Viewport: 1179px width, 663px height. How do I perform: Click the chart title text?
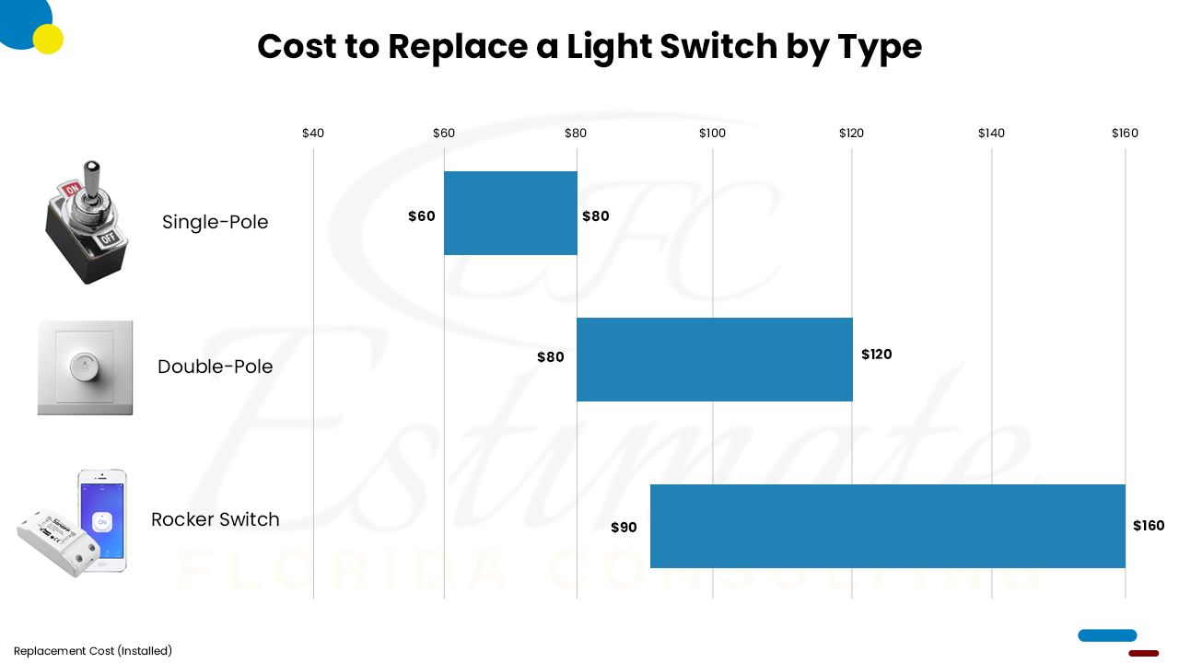click(589, 46)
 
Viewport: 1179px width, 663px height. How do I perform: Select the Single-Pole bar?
click(510, 213)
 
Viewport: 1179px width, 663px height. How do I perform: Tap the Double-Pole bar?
click(714, 359)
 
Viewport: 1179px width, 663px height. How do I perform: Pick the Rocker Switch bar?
click(887, 526)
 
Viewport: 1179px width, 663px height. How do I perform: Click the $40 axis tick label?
click(313, 134)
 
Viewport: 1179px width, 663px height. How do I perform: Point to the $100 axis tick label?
click(712, 134)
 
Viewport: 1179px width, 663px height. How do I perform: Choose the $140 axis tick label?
click(991, 134)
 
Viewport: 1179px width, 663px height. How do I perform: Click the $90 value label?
click(624, 528)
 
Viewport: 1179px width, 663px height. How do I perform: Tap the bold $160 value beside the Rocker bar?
click(1149, 526)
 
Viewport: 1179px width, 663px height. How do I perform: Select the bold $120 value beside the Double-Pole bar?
click(876, 355)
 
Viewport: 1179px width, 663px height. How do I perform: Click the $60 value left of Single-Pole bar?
click(421, 216)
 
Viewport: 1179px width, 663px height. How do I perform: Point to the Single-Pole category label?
click(215, 222)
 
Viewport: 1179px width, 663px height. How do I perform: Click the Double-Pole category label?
click(215, 366)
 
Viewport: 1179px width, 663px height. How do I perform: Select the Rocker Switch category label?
click(215, 519)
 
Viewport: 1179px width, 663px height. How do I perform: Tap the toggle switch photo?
click(87, 222)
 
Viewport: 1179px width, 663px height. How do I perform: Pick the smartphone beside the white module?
click(102, 519)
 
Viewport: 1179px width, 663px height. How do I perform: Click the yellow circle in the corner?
click(48, 39)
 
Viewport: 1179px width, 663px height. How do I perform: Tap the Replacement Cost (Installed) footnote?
click(93, 651)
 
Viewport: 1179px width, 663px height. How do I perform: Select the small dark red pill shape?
click(1143, 653)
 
